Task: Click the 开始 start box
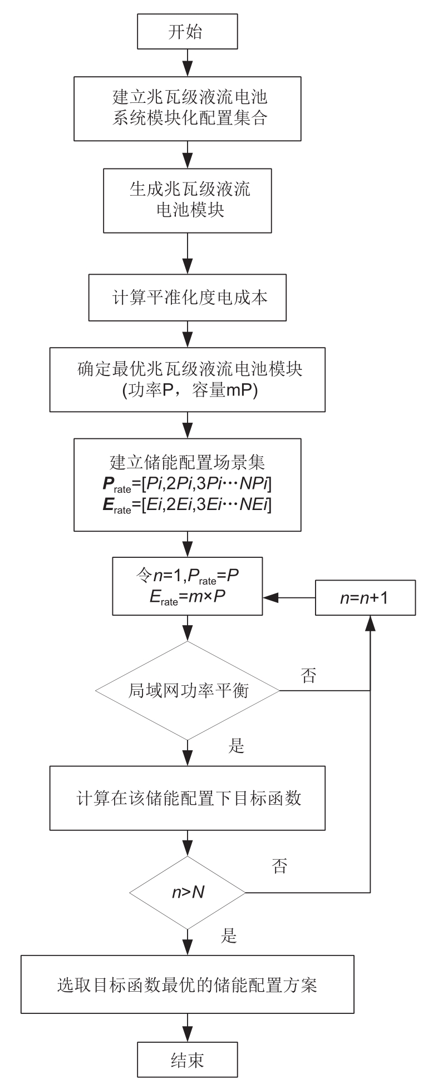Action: tap(187, 32)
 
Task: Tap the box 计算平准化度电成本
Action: tap(187, 298)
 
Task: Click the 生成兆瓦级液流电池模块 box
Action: tap(187, 201)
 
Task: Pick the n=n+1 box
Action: tap(365, 598)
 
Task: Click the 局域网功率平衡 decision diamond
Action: tap(187, 691)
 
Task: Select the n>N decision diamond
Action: tap(187, 893)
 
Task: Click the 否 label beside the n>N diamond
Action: tap(279, 866)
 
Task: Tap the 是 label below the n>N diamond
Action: tap(229, 937)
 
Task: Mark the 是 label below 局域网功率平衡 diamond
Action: tap(237, 746)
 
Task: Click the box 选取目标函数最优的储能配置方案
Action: tap(187, 986)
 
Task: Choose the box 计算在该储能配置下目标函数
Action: tap(187, 798)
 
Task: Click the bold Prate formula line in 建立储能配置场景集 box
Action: tap(187, 486)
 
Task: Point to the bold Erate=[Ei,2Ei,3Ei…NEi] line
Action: tap(187, 506)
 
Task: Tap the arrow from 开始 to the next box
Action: tap(188, 62)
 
